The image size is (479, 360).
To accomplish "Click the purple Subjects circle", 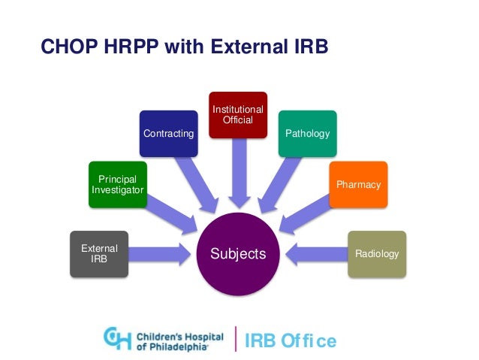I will (238, 253).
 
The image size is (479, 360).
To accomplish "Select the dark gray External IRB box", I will (95, 253).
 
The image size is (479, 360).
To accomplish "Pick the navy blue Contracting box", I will (168, 134).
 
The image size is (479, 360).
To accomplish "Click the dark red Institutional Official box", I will (238, 114).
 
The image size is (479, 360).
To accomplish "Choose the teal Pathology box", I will (307, 134).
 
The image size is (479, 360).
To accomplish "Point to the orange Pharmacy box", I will (358, 184).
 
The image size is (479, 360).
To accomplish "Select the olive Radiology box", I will (376, 253).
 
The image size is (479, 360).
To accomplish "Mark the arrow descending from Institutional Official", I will (238, 173).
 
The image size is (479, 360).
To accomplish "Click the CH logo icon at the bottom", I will (117, 338).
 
